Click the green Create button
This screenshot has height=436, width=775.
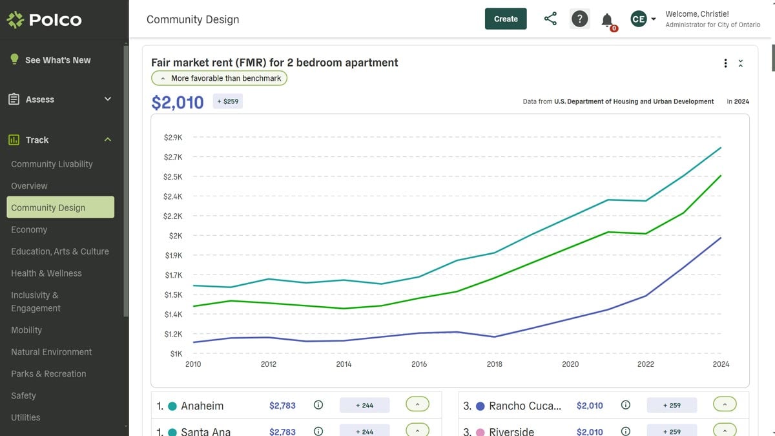(x=506, y=19)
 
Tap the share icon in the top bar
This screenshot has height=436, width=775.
(x=550, y=19)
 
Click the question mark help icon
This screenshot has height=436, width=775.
(x=580, y=19)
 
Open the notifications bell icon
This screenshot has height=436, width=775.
(x=607, y=20)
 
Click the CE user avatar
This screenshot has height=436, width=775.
(x=638, y=19)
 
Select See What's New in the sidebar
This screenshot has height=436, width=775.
(x=57, y=60)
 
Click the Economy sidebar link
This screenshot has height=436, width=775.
(x=29, y=229)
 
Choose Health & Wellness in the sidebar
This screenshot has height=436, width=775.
(x=46, y=273)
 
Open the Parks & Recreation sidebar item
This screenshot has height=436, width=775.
(x=48, y=374)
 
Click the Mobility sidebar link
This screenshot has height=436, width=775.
(x=26, y=330)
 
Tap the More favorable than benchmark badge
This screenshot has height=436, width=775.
(x=220, y=78)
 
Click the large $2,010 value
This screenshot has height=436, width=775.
(x=178, y=102)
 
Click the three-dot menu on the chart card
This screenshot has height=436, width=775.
(x=726, y=63)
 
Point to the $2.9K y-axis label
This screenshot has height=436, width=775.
(x=173, y=138)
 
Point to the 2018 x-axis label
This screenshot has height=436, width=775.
(x=494, y=364)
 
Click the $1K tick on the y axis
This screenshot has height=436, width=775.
(x=176, y=354)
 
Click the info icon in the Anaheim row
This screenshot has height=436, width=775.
(x=318, y=406)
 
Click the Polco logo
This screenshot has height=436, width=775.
(x=44, y=20)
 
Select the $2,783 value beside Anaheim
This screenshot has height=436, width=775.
(x=282, y=406)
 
